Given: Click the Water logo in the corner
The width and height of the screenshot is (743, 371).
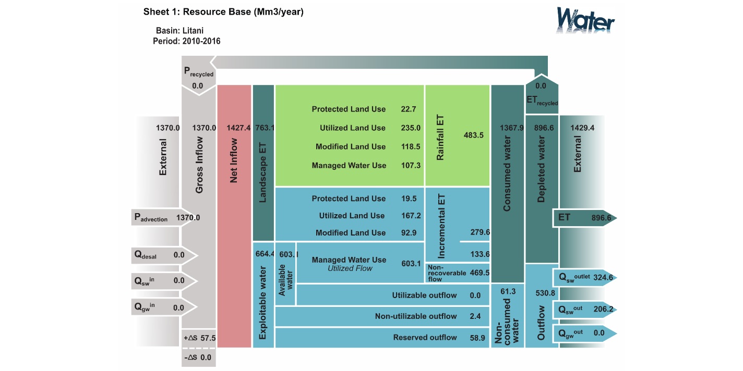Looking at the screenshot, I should pos(585,21).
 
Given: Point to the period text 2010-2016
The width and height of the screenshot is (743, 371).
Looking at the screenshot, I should pos(201,41).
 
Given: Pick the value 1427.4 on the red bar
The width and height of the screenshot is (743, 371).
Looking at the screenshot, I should pos(239,128).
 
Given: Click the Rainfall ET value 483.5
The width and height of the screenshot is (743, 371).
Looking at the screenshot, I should pos(474,135).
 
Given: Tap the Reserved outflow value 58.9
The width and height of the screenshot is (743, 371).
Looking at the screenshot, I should pos(477,338).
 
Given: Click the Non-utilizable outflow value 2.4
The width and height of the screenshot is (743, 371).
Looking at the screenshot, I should pos(475,316).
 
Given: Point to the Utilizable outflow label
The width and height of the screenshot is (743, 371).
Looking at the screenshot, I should pos(424,295).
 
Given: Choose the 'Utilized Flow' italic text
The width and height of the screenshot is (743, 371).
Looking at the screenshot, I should pos(350,268).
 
